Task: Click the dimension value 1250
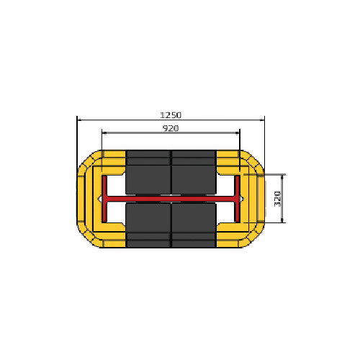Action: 171,114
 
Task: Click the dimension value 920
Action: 171,127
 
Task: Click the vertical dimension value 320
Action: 278,198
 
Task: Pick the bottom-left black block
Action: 148,225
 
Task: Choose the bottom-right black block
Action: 193,225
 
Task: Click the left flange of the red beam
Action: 104,198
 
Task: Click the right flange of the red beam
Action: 238,198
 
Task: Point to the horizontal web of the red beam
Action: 171,198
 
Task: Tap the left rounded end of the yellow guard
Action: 82,198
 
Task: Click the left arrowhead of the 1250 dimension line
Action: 78,120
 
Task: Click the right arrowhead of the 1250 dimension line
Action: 263,120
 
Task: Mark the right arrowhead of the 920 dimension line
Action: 238,132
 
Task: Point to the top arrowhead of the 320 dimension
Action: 282,176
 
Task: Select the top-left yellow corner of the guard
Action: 93,159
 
